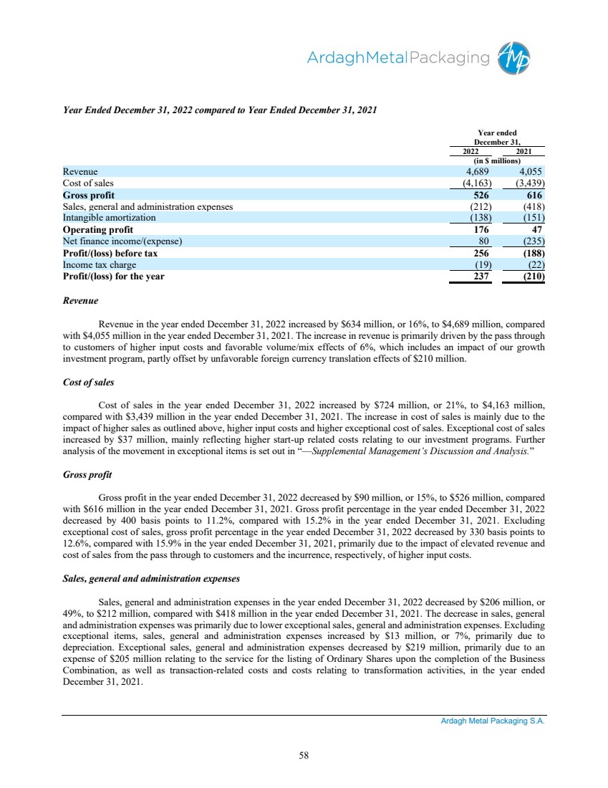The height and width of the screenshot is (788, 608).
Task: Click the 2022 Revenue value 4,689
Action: (473, 172)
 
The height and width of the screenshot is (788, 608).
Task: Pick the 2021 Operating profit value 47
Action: (539, 229)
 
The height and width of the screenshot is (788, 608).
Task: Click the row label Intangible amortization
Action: (109, 218)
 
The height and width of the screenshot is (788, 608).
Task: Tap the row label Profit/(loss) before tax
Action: (110, 253)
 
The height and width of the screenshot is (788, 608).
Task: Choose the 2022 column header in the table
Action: (469, 150)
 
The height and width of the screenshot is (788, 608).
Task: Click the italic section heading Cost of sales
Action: (88, 383)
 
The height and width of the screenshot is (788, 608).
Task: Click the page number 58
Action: (304, 754)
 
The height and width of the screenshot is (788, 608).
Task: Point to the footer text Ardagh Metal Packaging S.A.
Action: (492, 722)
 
